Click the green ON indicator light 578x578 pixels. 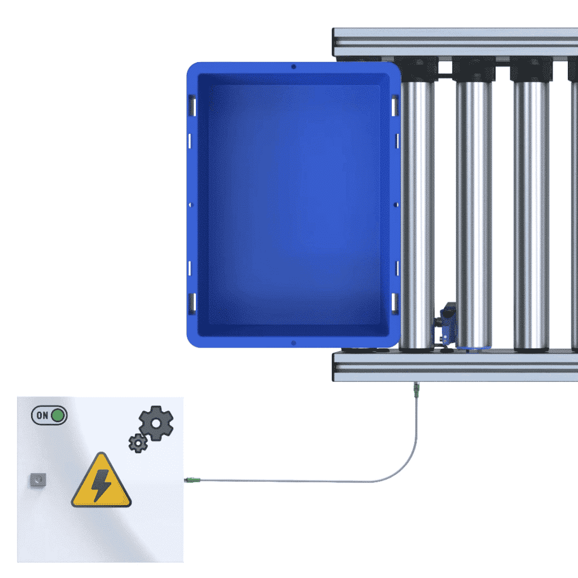(58, 415)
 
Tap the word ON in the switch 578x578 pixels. (42, 415)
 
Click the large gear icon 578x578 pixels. (156, 423)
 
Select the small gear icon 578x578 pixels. (138, 443)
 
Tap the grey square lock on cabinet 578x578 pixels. (38, 480)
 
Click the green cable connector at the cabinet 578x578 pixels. (192, 480)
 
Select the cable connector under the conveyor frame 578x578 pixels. (417, 390)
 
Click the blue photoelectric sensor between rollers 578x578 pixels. (446, 325)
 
